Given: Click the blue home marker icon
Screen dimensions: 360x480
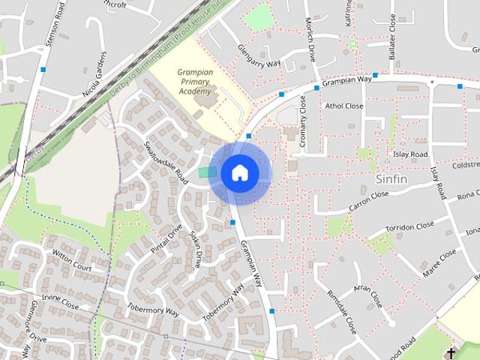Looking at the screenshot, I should click(x=239, y=173).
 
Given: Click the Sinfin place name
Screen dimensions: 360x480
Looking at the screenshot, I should click(x=391, y=180).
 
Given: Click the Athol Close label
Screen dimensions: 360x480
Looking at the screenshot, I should click(x=343, y=106).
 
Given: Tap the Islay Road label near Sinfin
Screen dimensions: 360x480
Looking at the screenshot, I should click(x=409, y=154).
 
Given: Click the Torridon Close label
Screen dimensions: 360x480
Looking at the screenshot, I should click(x=409, y=226).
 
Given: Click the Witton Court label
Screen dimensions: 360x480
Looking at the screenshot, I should click(x=72, y=261).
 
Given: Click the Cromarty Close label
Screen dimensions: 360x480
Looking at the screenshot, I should click(x=303, y=124).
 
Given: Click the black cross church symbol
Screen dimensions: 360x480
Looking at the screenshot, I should click(x=451, y=352).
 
